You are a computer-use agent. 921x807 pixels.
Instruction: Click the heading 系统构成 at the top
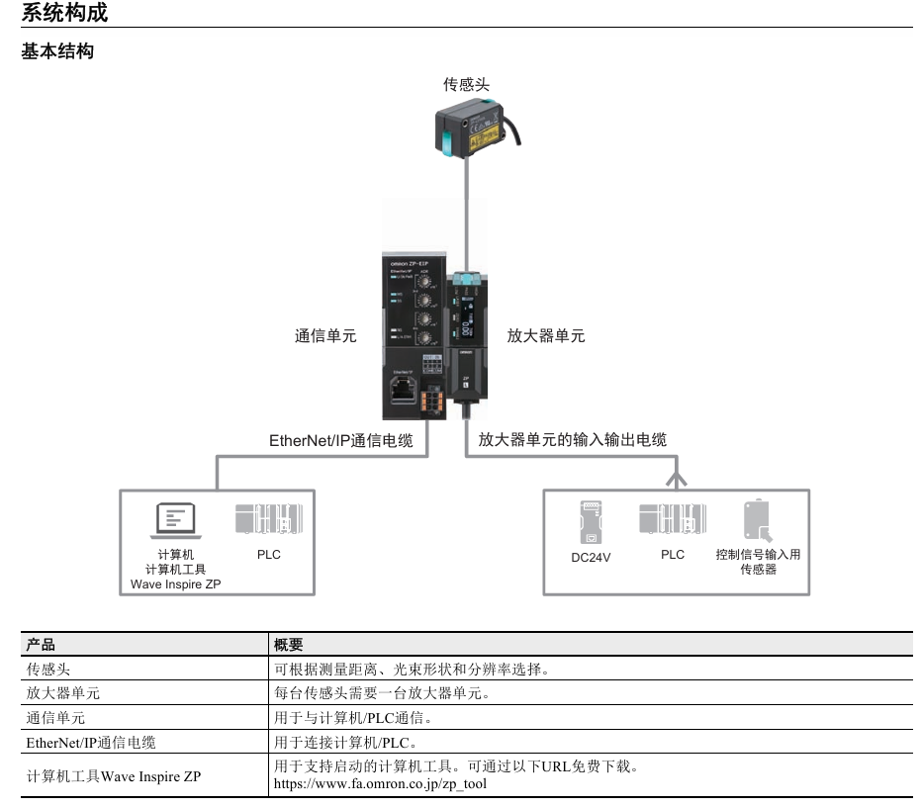coord(65,14)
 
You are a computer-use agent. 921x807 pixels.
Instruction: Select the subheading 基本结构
coord(57,51)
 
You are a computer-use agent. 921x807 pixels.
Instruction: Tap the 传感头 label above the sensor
coord(466,86)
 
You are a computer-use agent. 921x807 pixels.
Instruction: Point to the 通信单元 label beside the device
coord(325,336)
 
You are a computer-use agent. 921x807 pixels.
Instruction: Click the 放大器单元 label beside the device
coord(545,336)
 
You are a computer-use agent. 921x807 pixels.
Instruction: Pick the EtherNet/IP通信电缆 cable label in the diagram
coord(341,440)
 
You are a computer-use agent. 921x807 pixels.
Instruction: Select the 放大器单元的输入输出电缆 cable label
coord(580,440)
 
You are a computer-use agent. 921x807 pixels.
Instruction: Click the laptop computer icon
coord(178,520)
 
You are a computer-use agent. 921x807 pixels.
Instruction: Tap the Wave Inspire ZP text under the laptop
coord(176,584)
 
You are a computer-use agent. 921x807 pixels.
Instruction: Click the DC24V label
coord(592,557)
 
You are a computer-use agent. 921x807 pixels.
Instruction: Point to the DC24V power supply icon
coord(592,521)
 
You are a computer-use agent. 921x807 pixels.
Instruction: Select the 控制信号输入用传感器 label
coord(758,562)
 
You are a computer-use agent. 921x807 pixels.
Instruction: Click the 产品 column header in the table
coord(41,645)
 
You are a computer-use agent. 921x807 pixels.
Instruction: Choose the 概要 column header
coord(289,645)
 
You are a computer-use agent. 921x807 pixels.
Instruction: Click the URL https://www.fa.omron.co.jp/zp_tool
coord(380,784)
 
